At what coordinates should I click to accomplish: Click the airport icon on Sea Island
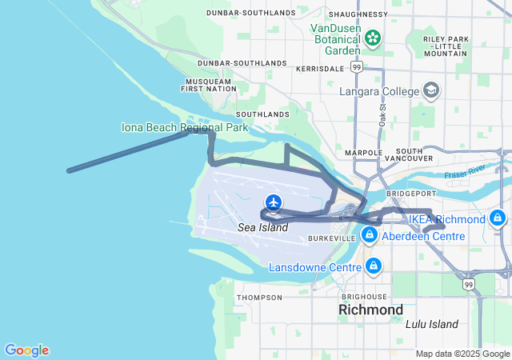(x=274, y=202)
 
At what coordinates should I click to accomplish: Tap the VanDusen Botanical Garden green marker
(x=372, y=38)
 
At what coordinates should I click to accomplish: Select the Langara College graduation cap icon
(x=432, y=90)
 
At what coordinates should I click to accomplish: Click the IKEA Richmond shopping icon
(x=498, y=218)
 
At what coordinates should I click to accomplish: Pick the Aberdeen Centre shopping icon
(x=370, y=235)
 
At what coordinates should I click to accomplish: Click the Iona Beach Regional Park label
(x=185, y=127)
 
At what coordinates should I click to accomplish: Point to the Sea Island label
(x=262, y=228)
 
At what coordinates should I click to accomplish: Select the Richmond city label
(x=370, y=309)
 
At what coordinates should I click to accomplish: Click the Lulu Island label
(x=432, y=324)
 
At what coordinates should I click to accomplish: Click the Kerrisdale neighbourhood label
(x=318, y=70)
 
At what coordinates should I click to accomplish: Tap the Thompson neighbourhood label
(x=260, y=298)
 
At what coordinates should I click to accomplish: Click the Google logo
(x=26, y=350)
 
